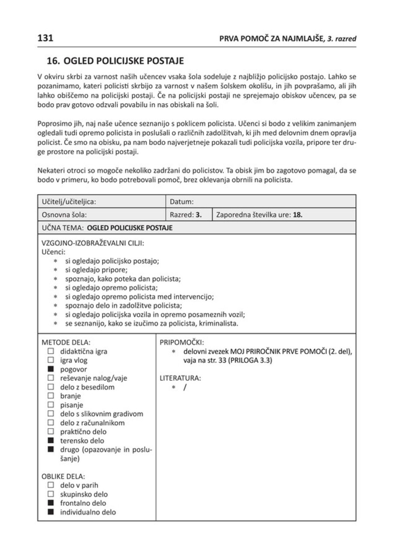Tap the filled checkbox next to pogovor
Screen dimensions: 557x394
click(x=50, y=368)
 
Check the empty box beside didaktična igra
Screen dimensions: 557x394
click(x=50, y=352)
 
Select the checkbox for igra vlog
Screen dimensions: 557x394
click(x=50, y=360)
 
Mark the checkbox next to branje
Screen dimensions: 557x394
click(x=50, y=396)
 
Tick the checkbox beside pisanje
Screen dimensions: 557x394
click(x=50, y=405)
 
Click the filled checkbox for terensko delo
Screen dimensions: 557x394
click(x=50, y=440)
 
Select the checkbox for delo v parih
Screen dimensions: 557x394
click(x=50, y=485)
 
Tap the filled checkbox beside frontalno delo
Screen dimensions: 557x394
click(x=50, y=503)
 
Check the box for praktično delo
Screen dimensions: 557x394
click(x=50, y=432)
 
